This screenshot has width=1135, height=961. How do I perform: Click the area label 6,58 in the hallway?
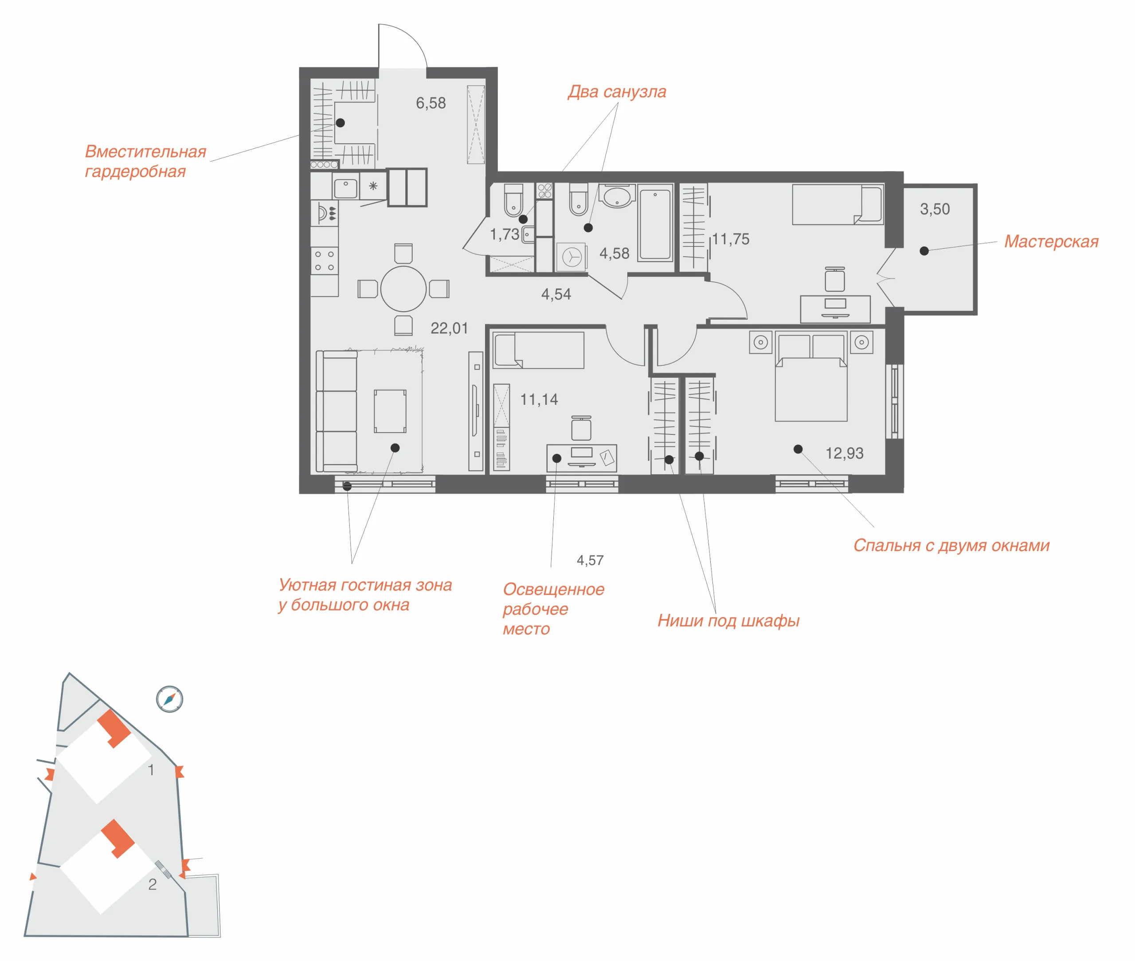[x=431, y=103]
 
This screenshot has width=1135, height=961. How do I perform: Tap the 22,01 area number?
[x=449, y=328]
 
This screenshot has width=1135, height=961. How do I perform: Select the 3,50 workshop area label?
[x=935, y=209]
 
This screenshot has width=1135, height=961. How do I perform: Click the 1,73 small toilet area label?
[x=504, y=234]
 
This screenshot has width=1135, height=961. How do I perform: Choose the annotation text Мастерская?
[x=1051, y=241]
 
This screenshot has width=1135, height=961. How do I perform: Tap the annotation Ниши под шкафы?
[x=728, y=621]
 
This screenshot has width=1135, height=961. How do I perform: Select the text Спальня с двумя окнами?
[x=951, y=545]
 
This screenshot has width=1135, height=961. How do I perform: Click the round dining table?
[x=403, y=289]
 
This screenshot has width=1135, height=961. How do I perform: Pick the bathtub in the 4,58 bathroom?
[x=655, y=224]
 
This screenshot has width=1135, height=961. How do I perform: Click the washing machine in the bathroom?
[x=571, y=257]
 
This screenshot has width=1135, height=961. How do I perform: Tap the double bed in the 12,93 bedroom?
[x=811, y=378]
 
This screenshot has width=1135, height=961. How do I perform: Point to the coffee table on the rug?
[x=390, y=411]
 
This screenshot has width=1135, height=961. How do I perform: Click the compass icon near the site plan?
[x=169, y=699]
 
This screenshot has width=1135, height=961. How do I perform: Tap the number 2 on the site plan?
[x=153, y=884]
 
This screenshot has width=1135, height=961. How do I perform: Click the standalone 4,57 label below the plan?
[x=590, y=560]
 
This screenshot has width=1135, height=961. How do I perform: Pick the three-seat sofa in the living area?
[x=336, y=411]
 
